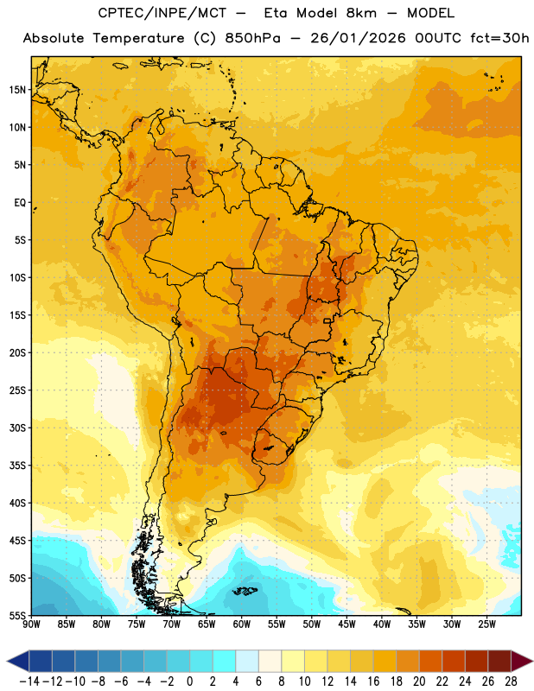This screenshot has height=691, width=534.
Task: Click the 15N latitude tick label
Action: tap(17, 90)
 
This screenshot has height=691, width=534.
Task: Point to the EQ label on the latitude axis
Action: tap(20, 203)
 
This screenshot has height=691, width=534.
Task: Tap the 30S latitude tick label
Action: tap(17, 428)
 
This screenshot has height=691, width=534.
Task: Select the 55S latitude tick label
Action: tap(17, 616)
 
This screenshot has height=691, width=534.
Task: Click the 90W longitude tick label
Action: tap(31, 624)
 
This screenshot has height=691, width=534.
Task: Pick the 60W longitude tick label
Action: tap(242, 624)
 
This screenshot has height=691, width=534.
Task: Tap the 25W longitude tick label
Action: tap(487, 624)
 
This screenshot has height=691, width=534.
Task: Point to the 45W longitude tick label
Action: tap(347, 624)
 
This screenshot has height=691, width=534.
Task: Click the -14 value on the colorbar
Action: tap(29, 681)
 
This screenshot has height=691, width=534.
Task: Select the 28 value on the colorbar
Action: tap(511, 681)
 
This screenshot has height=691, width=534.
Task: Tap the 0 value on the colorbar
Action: tap(189, 681)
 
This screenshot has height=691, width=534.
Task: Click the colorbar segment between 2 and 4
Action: tap(225, 661)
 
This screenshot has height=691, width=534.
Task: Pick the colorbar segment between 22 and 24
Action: tap(454, 661)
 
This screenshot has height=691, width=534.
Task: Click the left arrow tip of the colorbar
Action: tap(7, 661)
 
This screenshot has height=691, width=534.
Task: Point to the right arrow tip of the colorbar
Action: tap(532, 661)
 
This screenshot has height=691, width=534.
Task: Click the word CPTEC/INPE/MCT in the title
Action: tap(162, 13)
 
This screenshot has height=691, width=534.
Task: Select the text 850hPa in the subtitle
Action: tap(252, 38)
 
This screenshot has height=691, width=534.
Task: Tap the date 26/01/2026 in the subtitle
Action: tap(358, 38)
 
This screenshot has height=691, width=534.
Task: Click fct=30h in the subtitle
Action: tap(499, 38)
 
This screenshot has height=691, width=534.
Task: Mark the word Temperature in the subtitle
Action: tap(138, 39)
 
